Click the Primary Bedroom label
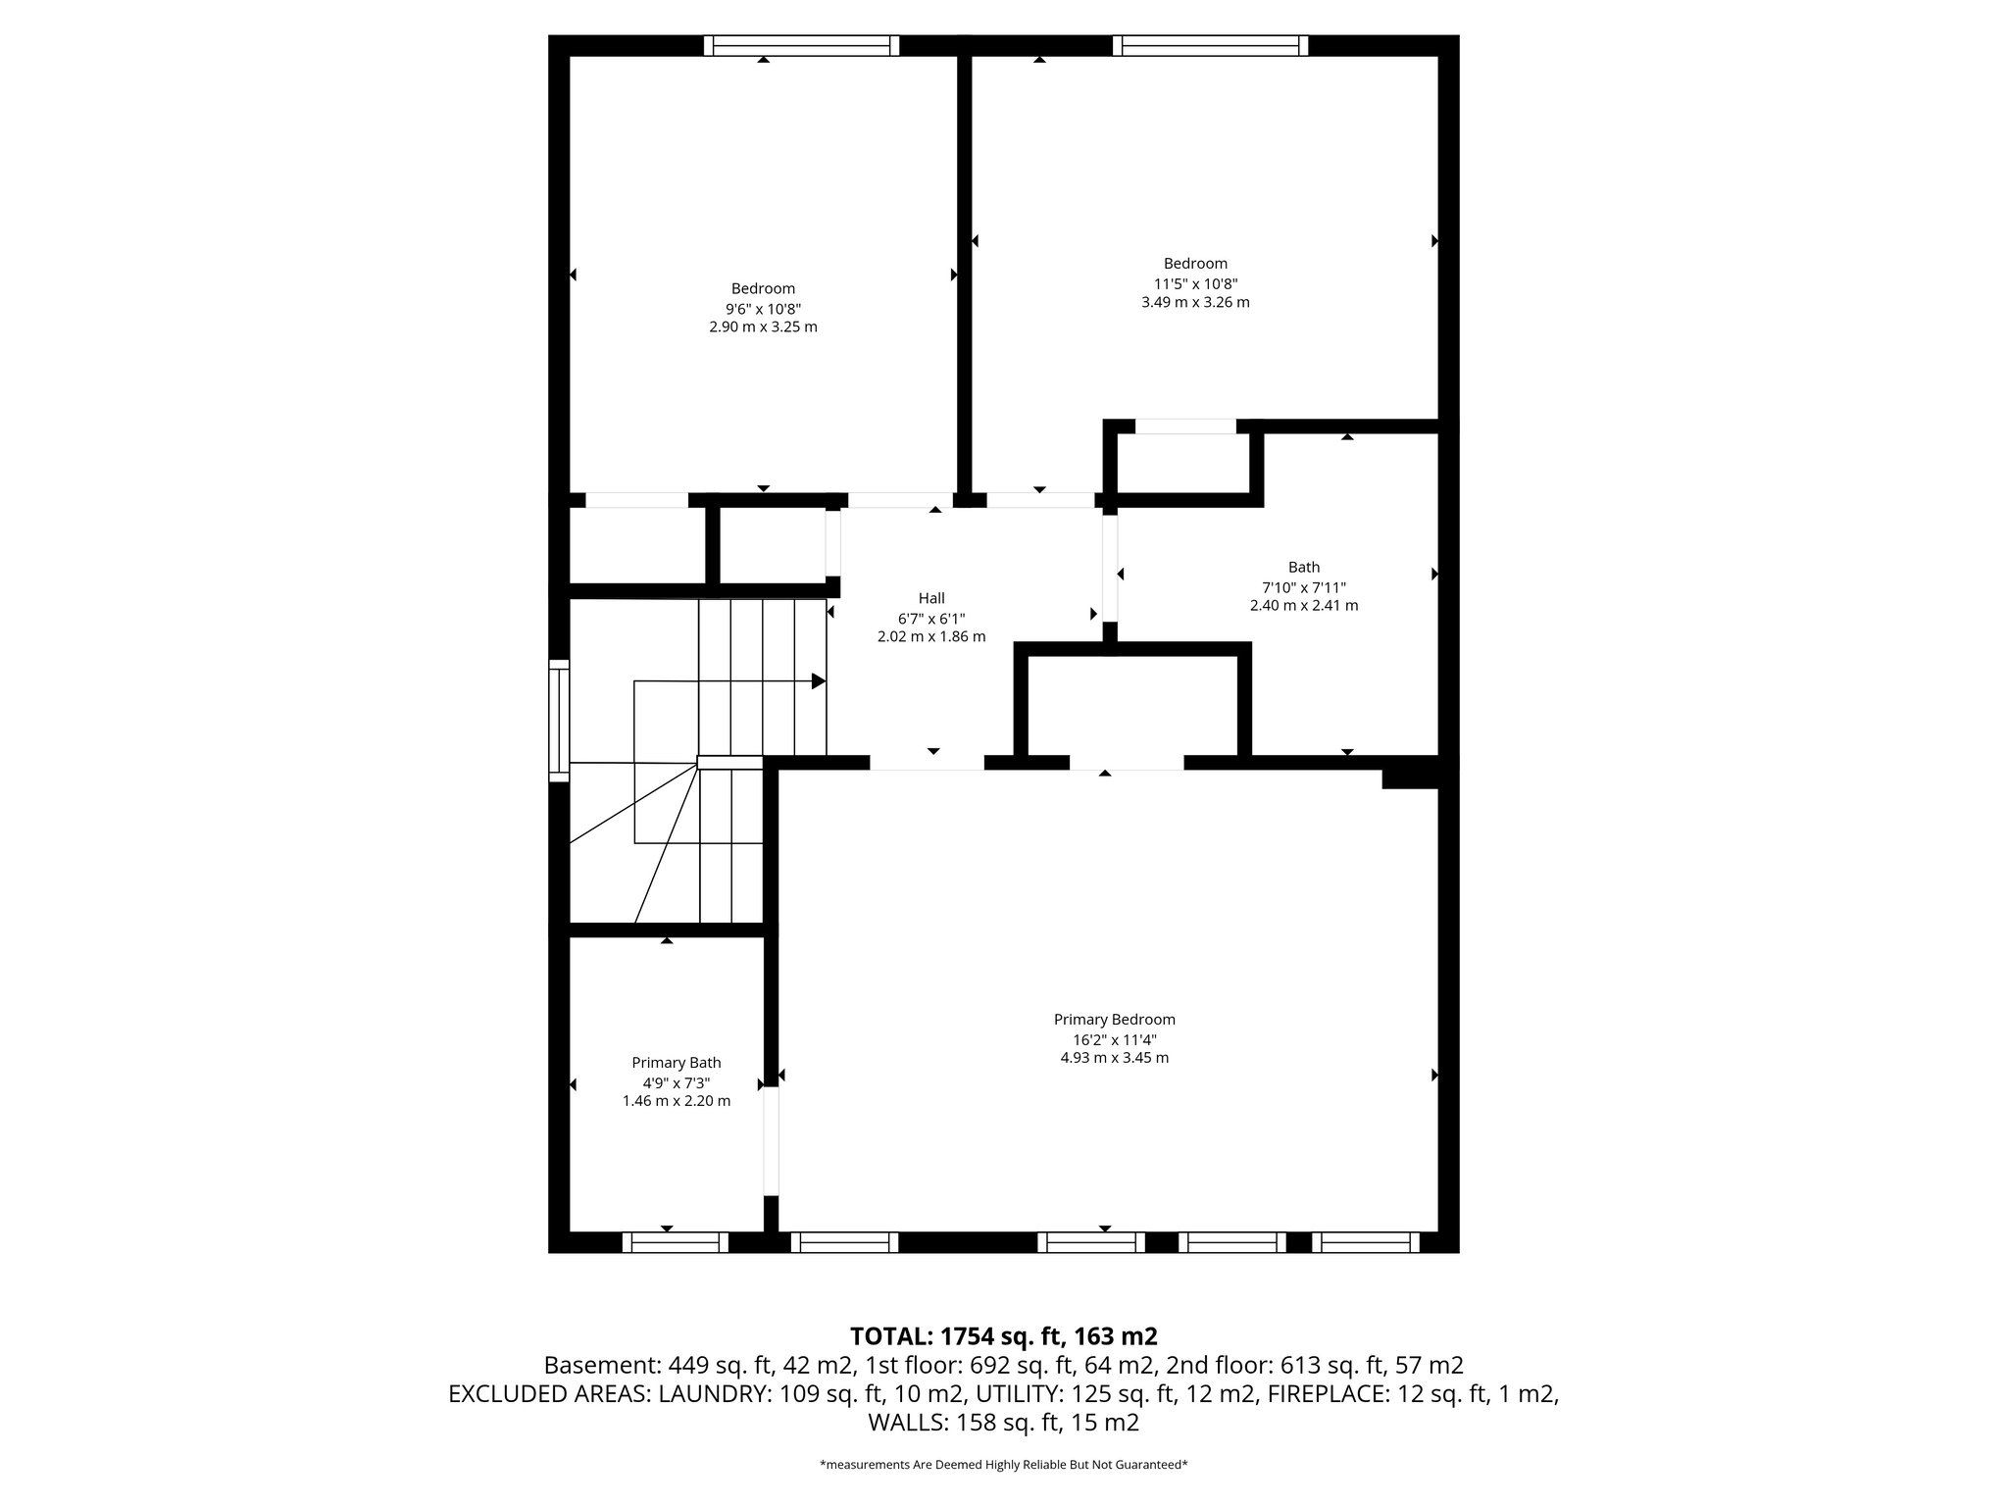point(1114,1020)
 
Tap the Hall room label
point(931,598)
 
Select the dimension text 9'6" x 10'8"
point(763,308)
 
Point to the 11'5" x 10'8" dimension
point(1195,283)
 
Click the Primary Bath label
point(676,1063)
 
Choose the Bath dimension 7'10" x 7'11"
point(1303,587)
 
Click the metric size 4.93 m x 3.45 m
point(1114,1058)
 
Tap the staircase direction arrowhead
point(818,681)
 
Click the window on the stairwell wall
point(558,721)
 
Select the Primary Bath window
point(675,1242)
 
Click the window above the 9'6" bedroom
point(801,45)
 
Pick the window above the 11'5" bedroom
point(1210,45)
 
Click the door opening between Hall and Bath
point(1110,569)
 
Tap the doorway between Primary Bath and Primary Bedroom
point(771,1140)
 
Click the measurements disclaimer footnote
point(1003,1465)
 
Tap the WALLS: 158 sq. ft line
point(1003,1423)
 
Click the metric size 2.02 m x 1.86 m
point(931,637)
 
